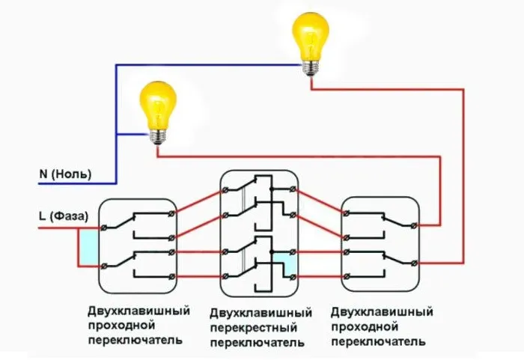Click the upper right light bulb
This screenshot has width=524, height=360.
coord(310,37)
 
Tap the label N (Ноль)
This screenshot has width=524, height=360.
coord(65,174)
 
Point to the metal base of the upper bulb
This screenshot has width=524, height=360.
coord(310,67)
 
